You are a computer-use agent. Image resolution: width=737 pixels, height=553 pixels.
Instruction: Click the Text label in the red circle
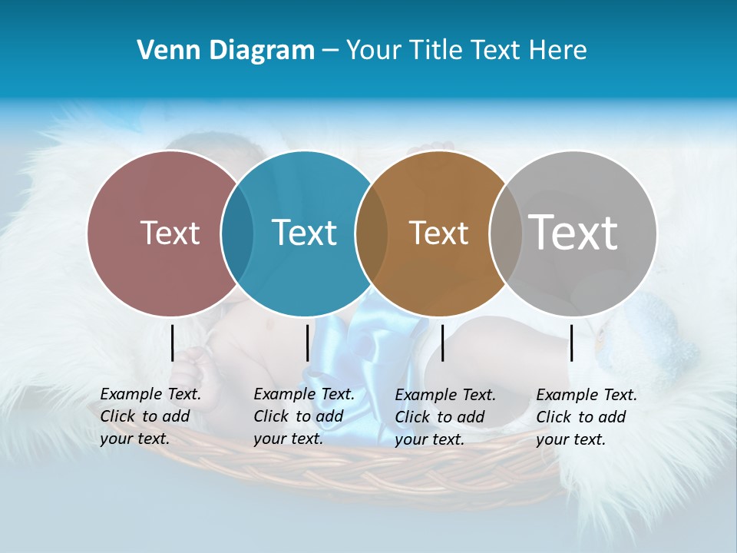170,233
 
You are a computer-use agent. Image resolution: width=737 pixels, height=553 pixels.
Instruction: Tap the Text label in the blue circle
304,233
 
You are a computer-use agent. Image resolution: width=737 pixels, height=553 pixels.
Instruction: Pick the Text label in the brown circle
438,233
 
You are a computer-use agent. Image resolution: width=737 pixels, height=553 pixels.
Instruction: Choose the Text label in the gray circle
573,233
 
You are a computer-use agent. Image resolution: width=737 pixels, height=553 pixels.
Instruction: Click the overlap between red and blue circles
237,233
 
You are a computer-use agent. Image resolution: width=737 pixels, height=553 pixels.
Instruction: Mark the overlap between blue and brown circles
372,233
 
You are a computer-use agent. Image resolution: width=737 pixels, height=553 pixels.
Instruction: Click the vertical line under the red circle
172,343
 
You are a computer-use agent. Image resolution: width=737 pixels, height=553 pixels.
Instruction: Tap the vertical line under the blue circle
307,343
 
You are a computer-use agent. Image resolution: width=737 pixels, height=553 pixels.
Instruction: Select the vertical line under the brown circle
442,343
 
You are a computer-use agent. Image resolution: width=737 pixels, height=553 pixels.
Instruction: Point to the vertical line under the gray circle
571,343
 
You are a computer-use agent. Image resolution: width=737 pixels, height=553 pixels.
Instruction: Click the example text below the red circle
150,416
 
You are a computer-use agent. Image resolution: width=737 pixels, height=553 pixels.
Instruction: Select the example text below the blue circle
303,416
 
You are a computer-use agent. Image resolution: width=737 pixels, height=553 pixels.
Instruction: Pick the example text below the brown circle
445,417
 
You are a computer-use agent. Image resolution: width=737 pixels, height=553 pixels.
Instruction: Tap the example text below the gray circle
586,417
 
